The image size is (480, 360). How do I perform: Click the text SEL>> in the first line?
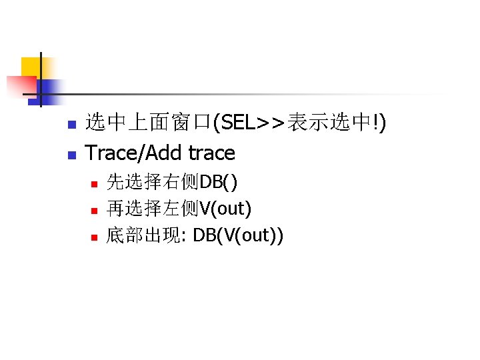[253, 123]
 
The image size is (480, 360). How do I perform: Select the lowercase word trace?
[211, 153]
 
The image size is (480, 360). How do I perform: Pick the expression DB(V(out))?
[237, 237]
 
